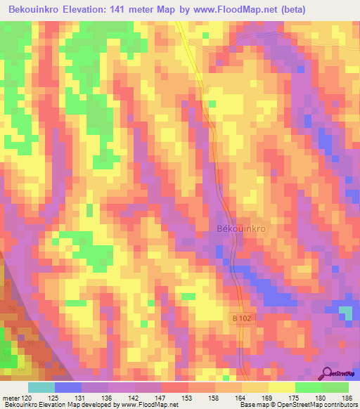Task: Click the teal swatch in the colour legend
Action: coord(41,387)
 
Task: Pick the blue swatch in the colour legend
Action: coord(67,387)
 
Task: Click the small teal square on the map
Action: coord(345,311)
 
